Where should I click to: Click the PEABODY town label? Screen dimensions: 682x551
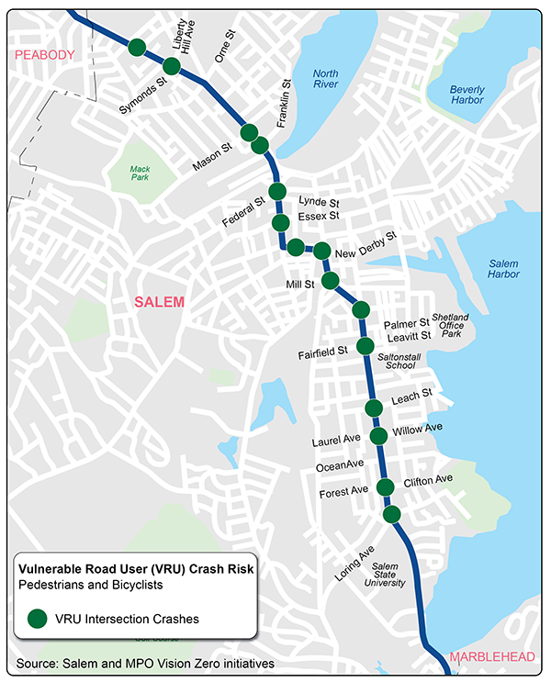[42, 56]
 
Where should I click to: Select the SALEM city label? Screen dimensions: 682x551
[160, 302]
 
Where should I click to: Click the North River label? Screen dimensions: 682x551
[325, 79]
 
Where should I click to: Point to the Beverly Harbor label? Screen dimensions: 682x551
[467, 95]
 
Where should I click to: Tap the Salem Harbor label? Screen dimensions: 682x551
[503, 268]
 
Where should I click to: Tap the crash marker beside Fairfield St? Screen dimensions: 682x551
[365, 346]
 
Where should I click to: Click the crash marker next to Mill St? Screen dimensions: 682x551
[330, 280]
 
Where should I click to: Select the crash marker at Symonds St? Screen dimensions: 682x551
[171, 66]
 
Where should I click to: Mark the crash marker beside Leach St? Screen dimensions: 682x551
[373, 408]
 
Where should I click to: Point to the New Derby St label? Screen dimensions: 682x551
[365, 245]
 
